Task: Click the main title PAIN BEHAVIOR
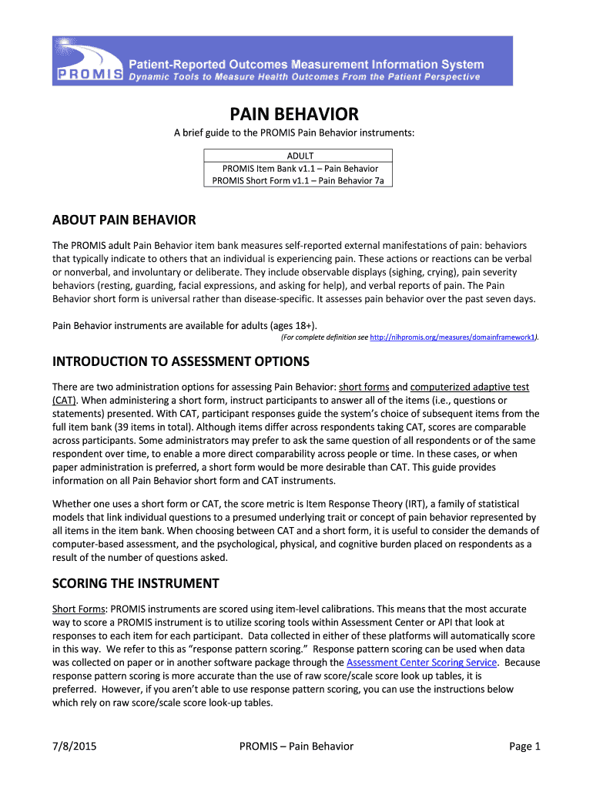(x=296, y=115)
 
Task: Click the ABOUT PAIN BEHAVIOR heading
(x=124, y=220)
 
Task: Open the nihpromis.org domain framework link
(x=453, y=337)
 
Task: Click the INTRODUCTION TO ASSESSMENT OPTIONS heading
(x=180, y=361)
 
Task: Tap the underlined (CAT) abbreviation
(x=64, y=400)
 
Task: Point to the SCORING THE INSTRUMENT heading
(x=136, y=583)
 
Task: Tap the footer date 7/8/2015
(x=74, y=746)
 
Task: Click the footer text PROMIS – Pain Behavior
(x=296, y=746)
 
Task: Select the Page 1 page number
(x=525, y=746)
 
